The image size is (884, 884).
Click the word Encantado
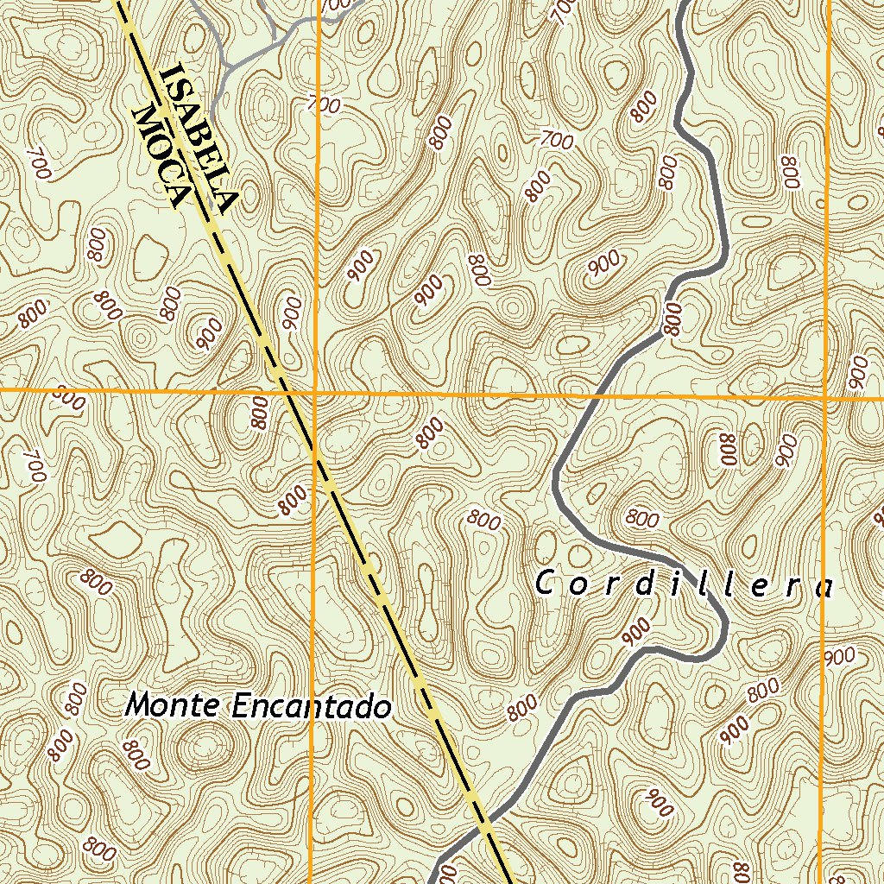point(312,707)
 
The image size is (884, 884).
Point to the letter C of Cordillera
point(544,584)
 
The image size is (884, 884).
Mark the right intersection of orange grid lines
point(825,398)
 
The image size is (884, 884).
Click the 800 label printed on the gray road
point(674,319)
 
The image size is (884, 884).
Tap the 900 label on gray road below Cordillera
point(635,632)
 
